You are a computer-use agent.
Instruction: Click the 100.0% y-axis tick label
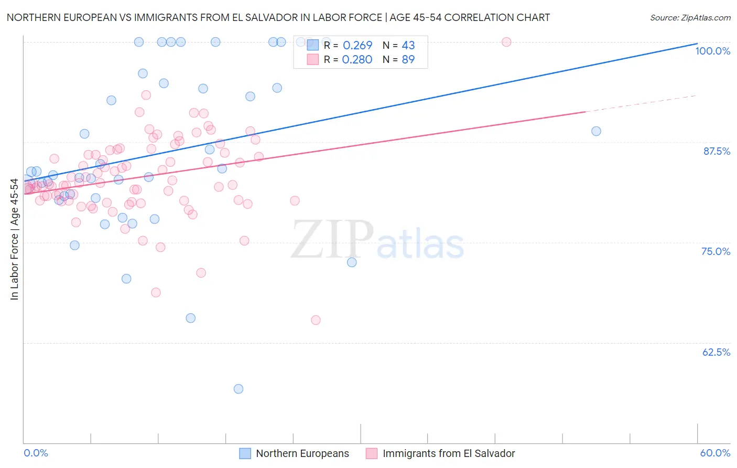click(x=712, y=51)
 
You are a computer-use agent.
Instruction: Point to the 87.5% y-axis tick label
click(x=717, y=151)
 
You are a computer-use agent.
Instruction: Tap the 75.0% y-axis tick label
click(x=716, y=251)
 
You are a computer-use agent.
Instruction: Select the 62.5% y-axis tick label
click(x=716, y=352)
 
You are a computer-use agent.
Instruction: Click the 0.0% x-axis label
click(x=36, y=453)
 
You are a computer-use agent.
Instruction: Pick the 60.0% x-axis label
click(x=715, y=453)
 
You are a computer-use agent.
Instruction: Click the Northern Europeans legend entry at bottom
click(x=295, y=453)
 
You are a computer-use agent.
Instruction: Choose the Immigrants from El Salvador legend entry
click(x=440, y=453)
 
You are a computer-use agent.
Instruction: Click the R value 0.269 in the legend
click(x=357, y=46)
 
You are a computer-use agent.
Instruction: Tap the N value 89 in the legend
click(x=408, y=60)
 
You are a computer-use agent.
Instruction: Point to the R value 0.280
click(x=357, y=60)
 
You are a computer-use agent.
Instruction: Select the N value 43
click(x=408, y=46)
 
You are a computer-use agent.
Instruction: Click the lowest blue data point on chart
click(x=239, y=389)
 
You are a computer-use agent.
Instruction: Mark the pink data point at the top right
click(x=506, y=42)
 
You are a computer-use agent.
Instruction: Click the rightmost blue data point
click(x=596, y=131)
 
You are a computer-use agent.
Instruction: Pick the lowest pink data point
click(x=316, y=320)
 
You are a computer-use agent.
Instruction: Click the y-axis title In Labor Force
click(x=14, y=239)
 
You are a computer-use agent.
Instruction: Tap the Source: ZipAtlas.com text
click(x=690, y=18)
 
